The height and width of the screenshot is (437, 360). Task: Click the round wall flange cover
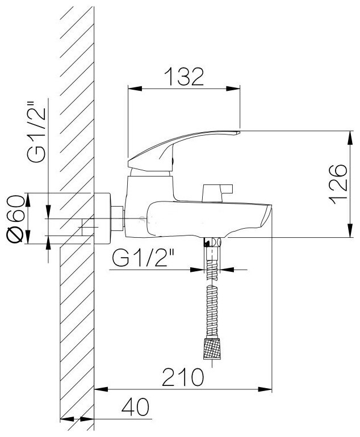103,219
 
